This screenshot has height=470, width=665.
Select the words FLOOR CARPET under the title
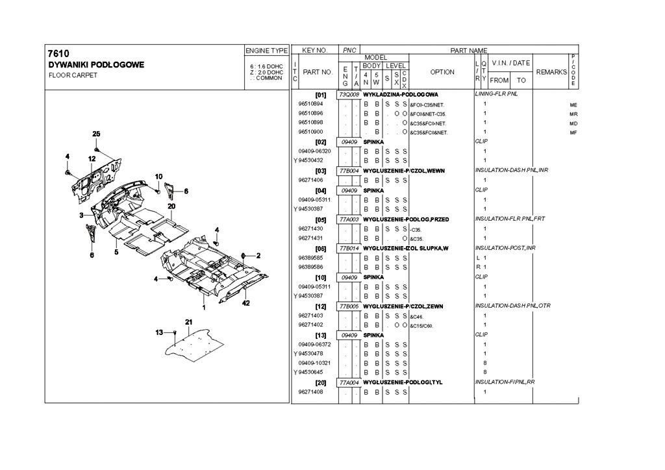point(73,75)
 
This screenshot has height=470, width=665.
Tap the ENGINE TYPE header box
point(266,50)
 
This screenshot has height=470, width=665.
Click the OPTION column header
point(442,72)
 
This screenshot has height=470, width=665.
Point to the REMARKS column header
point(551,72)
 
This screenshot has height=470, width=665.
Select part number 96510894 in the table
point(310,104)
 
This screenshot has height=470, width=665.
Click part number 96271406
point(310,179)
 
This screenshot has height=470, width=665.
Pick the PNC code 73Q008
point(349,95)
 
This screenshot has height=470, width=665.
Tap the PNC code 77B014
point(349,249)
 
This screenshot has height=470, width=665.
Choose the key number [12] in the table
point(320,306)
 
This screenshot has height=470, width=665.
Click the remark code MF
point(573,132)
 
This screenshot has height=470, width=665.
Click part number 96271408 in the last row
point(310,392)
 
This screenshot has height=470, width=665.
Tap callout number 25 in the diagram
point(96,133)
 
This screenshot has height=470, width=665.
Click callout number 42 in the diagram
point(246,303)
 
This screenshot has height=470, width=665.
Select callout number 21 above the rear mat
point(189,322)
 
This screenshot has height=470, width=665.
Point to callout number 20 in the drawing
point(171,206)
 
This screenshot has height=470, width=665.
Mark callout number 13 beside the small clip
point(160,332)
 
